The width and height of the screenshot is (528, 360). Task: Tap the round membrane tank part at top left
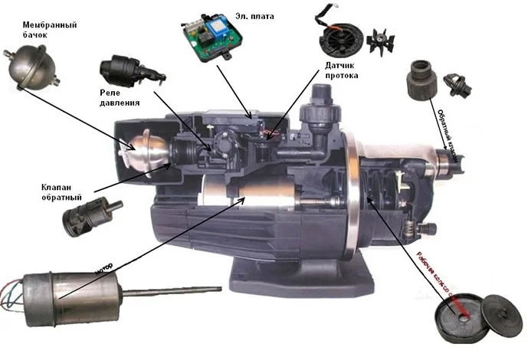coord(27,67)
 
